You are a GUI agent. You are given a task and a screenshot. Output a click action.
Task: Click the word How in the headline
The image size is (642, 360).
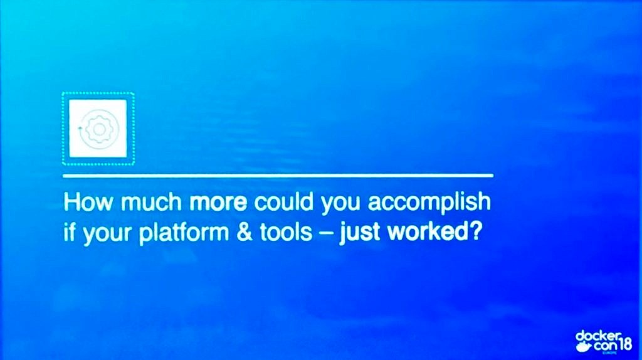point(88,202)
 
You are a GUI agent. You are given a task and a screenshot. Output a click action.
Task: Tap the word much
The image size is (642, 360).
point(151,202)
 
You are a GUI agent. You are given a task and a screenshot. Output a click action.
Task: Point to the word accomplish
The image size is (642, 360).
point(429,203)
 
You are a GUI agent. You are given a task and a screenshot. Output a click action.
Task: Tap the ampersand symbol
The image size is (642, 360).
point(245,233)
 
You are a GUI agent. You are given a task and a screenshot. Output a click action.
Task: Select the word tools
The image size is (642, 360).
point(286,232)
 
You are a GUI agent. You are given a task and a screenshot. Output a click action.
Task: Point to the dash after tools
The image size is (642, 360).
point(325,235)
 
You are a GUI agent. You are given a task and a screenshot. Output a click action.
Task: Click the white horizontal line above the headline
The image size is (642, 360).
point(278,176)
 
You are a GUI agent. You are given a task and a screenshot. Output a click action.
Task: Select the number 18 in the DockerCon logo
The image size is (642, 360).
point(626,345)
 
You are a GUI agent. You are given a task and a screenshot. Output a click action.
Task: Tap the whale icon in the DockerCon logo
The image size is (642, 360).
point(583,347)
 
